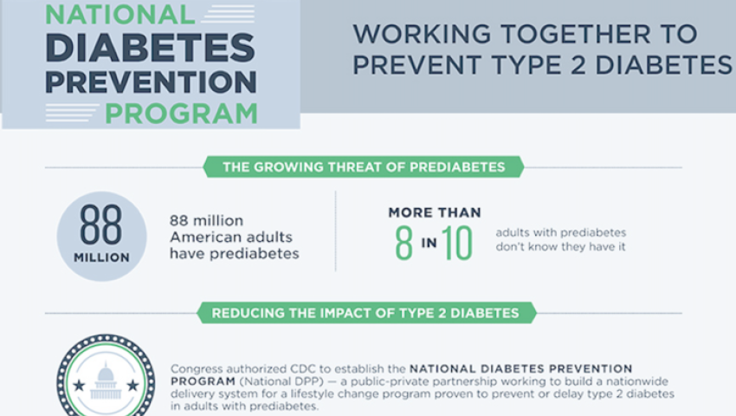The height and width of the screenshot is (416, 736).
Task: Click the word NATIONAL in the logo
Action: click(x=119, y=14)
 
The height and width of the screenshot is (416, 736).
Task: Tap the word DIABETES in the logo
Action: click(x=151, y=48)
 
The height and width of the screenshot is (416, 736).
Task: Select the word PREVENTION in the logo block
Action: click(x=151, y=81)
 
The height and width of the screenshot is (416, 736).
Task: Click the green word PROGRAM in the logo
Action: click(x=181, y=114)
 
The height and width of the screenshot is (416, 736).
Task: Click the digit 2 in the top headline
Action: click(x=578, y=65)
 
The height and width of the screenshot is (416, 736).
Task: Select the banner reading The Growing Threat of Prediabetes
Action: click(x=364, y=167)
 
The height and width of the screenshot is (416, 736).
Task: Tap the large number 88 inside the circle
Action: click(x=101, y=224)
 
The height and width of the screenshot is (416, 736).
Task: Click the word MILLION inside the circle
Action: click(x=101, y=257)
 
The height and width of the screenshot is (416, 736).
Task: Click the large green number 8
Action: click(x=404, y=243)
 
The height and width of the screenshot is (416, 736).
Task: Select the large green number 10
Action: click(x=456, y=243)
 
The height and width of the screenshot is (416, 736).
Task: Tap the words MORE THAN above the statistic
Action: click(x=435, y=212)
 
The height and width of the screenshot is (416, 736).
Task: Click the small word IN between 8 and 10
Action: click(x=429, y=243)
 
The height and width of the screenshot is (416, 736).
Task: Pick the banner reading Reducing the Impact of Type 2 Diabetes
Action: click(x=366, y=313)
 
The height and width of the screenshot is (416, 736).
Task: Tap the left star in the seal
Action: click(x=79, y=386)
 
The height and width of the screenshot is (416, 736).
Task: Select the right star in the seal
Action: click(x=133, y=386)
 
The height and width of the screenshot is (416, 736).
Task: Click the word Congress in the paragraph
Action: click(x=197, y=369)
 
